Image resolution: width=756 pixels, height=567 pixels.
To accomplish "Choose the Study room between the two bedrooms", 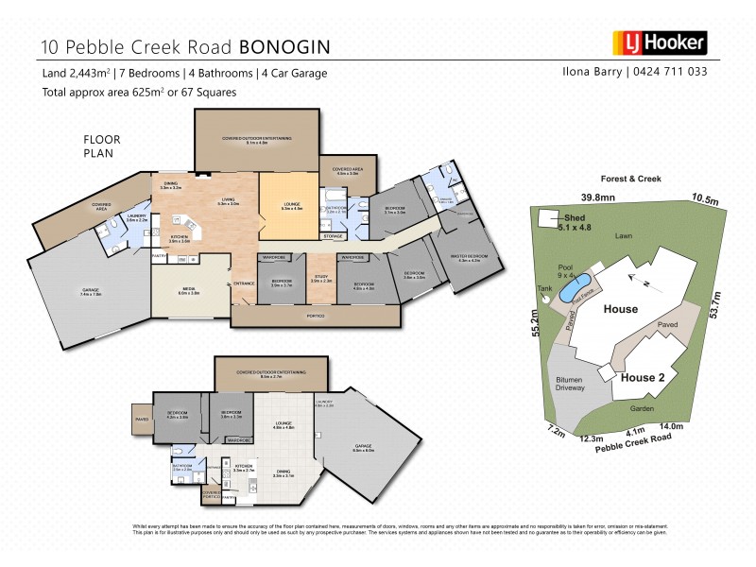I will coord(321,280).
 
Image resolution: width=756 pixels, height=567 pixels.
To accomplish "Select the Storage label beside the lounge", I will coord(332,236).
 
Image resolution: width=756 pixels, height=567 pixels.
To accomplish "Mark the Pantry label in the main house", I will coord(160,254).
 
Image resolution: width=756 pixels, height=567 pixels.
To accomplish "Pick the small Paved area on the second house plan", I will coord(142,420).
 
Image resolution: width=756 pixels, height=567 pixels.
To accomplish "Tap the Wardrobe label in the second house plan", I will coord(238,439).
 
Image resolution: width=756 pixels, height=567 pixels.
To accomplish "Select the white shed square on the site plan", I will coord(546,219).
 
